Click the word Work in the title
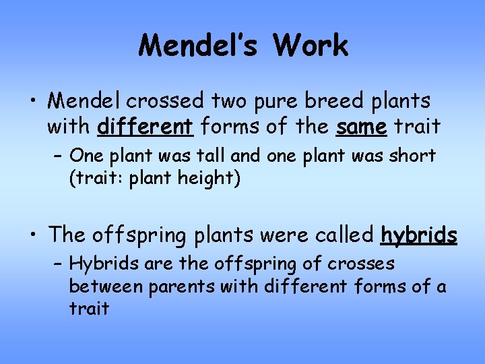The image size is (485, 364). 311,46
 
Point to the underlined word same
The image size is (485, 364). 362,125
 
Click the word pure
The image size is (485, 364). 276,101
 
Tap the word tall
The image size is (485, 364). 214,156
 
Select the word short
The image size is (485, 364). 413,156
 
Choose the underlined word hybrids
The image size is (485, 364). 419,235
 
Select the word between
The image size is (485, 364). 106,286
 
